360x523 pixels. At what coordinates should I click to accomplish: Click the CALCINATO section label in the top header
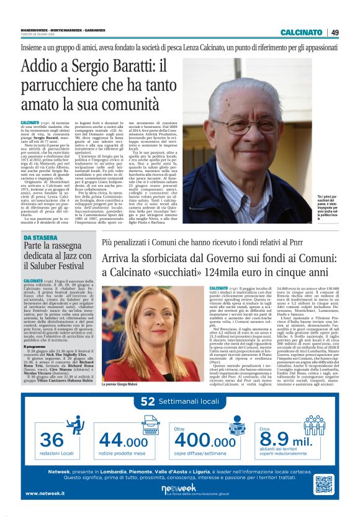point(301,32)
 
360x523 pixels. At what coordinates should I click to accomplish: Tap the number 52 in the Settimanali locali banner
point(148,402)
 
